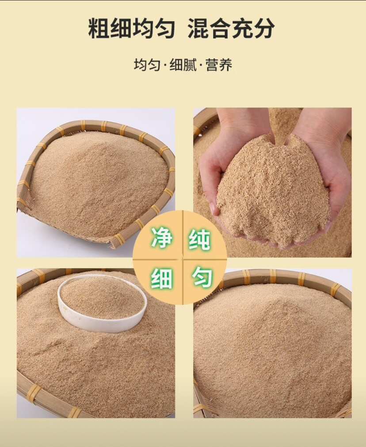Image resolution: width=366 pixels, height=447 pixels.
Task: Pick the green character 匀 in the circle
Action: [x=202, y=278]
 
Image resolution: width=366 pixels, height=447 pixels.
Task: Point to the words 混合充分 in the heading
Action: [x=231, y=29]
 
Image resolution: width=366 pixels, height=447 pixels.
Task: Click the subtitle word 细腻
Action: [x=183, y=65]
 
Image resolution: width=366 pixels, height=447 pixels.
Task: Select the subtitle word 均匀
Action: [x=146, y=65]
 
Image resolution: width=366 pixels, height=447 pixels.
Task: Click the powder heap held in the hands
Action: [x=272, y=190]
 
